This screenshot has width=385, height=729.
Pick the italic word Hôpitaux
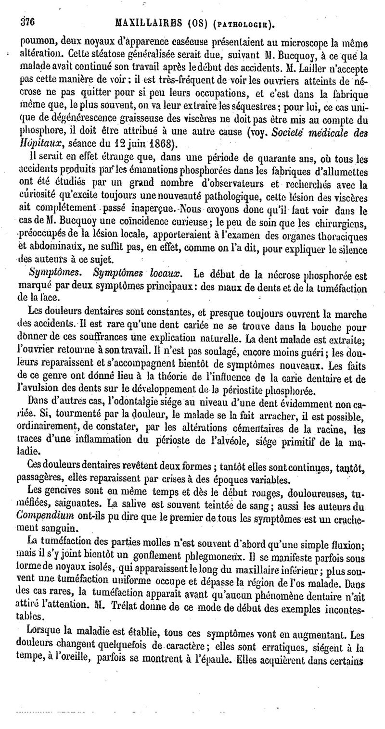tap(35, 143)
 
